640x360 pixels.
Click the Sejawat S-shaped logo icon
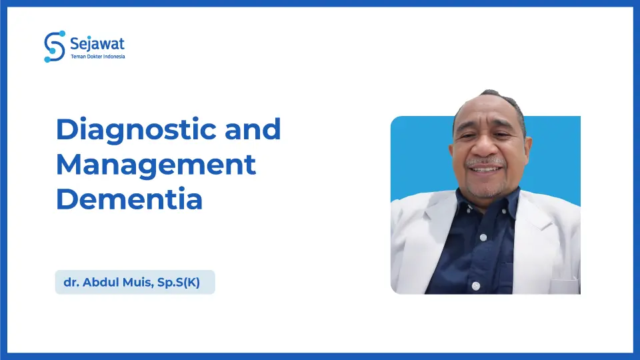click(55, 46)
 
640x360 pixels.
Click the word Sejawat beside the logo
click(97, 44)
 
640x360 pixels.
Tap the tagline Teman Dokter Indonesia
click(97, 57)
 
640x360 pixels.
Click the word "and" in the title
click(253, 129)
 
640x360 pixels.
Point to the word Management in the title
click(155, 164)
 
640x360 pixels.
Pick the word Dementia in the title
click(129, 199)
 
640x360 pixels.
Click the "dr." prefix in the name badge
click(70, 283)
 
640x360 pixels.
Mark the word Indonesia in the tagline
click(114, 57)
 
